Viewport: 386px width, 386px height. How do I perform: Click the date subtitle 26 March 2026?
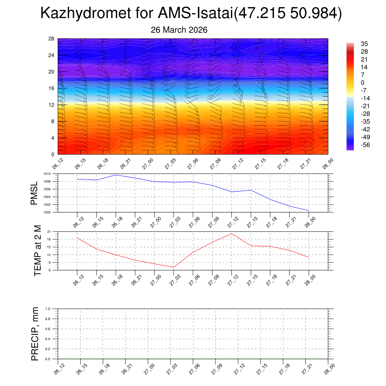tap(179, 30)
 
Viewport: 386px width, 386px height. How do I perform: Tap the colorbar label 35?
tap(364, 43)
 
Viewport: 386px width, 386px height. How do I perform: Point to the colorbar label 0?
tap(363, 83)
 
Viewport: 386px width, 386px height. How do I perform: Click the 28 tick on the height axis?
tap(51, 39)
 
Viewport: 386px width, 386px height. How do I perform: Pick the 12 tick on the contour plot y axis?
tap(51, 105)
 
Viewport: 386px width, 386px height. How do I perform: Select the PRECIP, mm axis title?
tap(35, 334)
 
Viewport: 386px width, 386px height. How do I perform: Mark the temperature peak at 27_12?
tap(231, 234)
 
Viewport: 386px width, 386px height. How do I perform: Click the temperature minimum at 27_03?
tap(174, 267)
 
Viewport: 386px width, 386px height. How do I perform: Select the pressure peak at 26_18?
tap(116, 175)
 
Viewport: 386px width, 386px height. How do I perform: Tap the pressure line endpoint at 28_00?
tap(309, 210)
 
